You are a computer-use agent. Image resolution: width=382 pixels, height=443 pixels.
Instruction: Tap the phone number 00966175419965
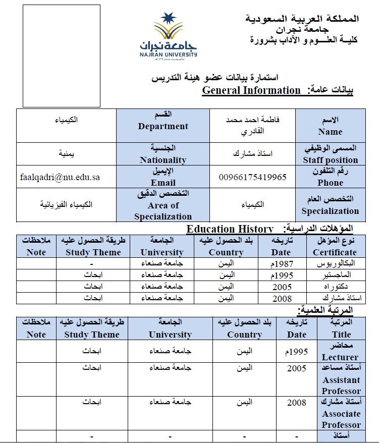pyautogui.click(x=252, y=177)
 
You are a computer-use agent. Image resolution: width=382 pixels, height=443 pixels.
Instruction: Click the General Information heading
pyautogui.click(x=251, y=90)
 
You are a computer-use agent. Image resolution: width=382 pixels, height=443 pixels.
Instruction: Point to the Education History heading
pyautogui.click(x=230, y=229)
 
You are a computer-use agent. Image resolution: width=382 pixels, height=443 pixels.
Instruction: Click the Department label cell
pyautogui.click(x=162, y=126)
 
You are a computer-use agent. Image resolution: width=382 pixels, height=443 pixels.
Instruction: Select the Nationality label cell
pyautogui.click(x=162, y=154)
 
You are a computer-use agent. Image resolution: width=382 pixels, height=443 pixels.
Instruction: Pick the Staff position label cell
pyautogui.click(x=330, y=154)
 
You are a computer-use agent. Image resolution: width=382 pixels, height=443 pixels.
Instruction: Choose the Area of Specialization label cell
pyautogui.click(x=162, y=205)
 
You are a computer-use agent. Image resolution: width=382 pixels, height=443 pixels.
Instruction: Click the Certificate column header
pyautogui.click(x=334, y=247)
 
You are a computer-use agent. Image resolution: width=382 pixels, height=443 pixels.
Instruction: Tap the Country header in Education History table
pyautogui.click(x=226, y=247)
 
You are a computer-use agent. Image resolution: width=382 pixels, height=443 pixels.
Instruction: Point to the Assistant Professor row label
pyautogui.click(x=341, y=379)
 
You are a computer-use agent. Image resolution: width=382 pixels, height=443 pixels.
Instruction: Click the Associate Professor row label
pyautogui.click(x=341, y=413)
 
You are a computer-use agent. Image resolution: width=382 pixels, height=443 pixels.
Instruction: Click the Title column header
pyautogui.click(x=341, y=328)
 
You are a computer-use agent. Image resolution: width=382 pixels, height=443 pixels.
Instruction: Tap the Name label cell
pyautogui.click(x=330, y=126)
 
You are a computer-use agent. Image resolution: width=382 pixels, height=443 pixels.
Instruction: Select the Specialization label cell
pyautogui.click(x=330, y=205)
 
